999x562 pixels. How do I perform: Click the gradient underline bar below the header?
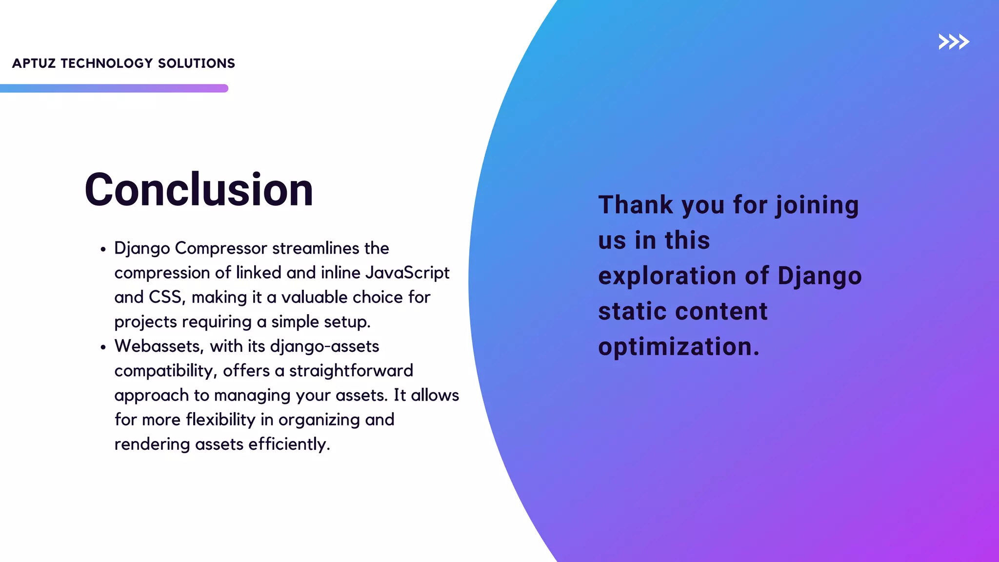click(x=114, y=88)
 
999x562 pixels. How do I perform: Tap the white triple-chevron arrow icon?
click(x=954, y=42)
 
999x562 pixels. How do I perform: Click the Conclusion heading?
click(x=199, y=190)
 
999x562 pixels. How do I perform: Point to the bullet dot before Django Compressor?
click(x=103, y=250)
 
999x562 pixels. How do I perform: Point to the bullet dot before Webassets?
click(x=103, y=348)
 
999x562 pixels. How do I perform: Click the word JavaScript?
click(x=407, y=273)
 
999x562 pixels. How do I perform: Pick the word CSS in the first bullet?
click(x=167, y=297)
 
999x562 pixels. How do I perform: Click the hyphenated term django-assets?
click(x=324, y=346)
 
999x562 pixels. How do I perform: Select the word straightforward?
click(x=351, y=371)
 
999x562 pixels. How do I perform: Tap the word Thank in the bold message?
click(x=636, y=205)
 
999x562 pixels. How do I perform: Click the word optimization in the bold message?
click(x=679, y=347)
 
